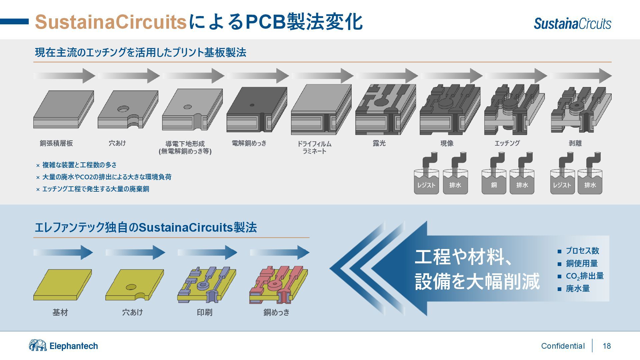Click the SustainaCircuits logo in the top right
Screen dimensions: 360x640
[x=572, y=23]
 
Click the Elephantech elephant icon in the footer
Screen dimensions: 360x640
[x=38, y=345]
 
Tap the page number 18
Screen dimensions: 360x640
[x=607, y=346]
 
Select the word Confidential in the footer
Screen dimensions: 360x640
[x=563, y=346]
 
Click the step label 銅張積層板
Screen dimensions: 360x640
[x=56, y=143]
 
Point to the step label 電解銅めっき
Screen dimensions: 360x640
[x=249, y=143]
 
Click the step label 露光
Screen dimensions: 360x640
[x=379, y=143]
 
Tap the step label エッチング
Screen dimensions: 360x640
[x=507, y=143]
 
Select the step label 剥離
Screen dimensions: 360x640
[x=575, y=143]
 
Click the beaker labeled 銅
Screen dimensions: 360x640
[x=494, y=182]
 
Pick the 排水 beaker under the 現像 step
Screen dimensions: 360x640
[x=455, y=182]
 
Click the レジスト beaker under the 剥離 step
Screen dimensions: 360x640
[x=562, y=182]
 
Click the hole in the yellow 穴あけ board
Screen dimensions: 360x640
[x=131, y=287]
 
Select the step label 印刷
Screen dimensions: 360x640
[x=204, y=312]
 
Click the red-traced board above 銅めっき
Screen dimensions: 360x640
[x=278, y=285]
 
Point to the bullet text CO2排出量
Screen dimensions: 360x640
[x=585, y=276]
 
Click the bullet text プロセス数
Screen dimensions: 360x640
[x=582, y=251]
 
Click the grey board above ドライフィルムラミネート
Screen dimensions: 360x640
[x=321, y=110]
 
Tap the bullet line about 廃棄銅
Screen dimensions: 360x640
[x=96, y=189]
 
